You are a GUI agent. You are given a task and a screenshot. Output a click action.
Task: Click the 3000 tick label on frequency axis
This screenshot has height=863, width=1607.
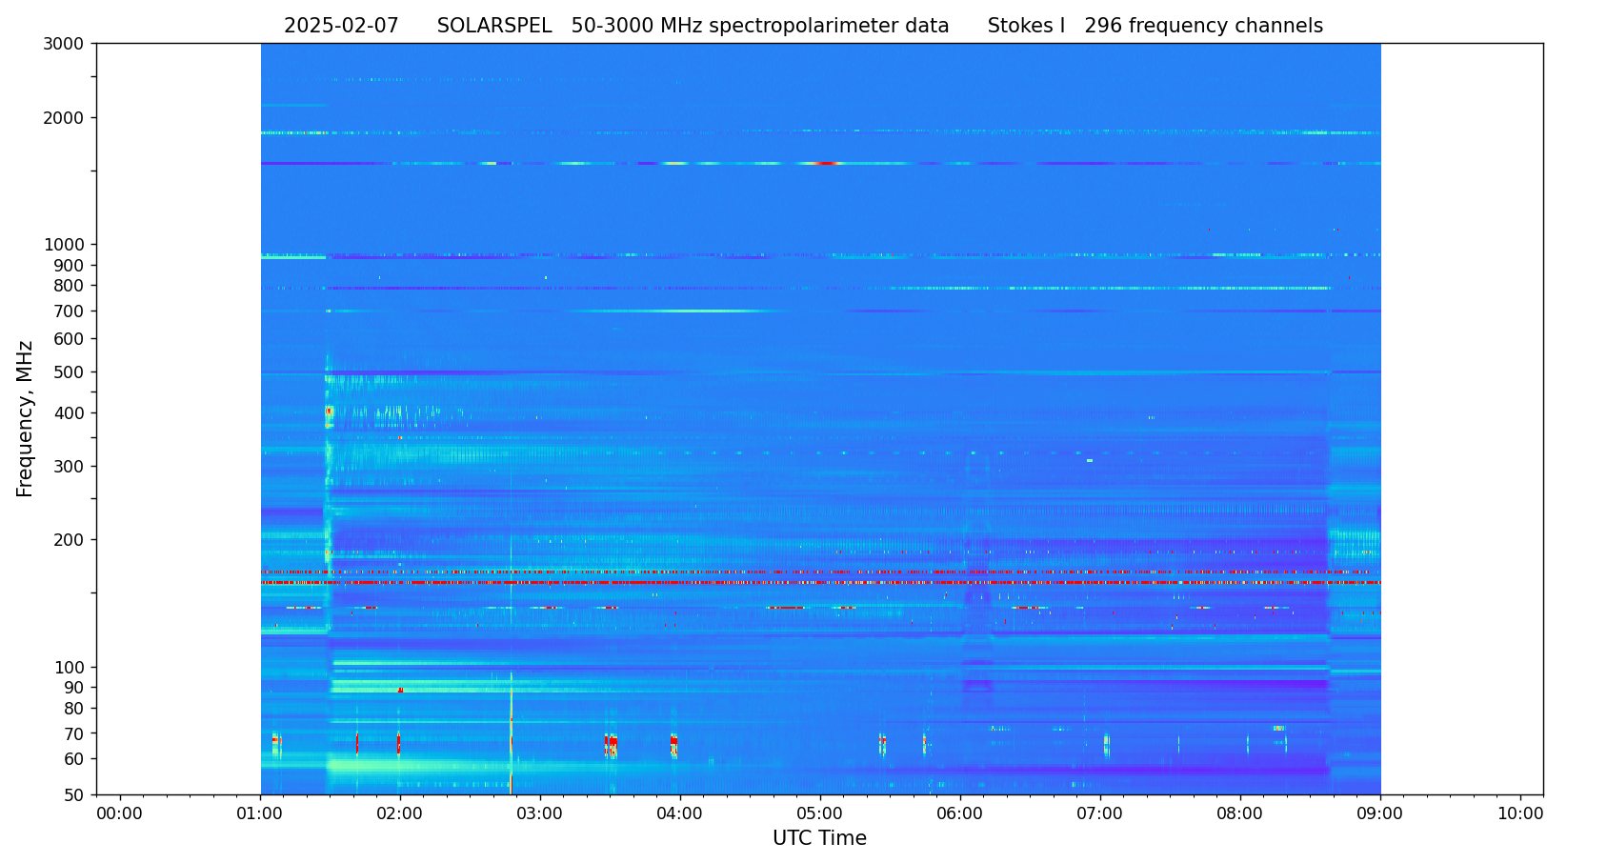coord(70,44)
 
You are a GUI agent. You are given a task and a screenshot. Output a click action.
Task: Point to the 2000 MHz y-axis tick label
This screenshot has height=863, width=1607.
coord(70,118)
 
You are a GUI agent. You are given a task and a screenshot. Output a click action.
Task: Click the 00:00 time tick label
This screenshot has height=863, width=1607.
coord(120,814)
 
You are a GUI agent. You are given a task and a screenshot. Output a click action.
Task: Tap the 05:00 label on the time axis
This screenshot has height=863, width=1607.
coord(820,814)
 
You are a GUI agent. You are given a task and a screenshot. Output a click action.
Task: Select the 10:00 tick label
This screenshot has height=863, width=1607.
coord(1520,814)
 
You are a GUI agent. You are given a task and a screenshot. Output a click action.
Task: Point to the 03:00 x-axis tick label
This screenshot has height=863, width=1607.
coord(540,814)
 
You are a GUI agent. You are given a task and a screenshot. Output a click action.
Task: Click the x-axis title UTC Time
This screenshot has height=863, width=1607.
coord(819,839)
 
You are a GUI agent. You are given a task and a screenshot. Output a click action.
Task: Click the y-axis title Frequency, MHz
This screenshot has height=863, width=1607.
coord(26,419)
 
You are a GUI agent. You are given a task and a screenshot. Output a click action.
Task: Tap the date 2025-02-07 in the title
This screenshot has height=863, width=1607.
coord(341,27)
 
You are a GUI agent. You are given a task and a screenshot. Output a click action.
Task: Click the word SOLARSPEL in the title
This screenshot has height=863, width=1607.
coord(494,27)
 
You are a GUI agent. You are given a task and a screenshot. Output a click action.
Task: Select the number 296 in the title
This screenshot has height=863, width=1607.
coord(1102,27)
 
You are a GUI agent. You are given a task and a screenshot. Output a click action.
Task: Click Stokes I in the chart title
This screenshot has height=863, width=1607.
coord(1026,27)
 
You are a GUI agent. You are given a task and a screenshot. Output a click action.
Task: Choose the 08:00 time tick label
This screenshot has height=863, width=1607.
coord(1240,814)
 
